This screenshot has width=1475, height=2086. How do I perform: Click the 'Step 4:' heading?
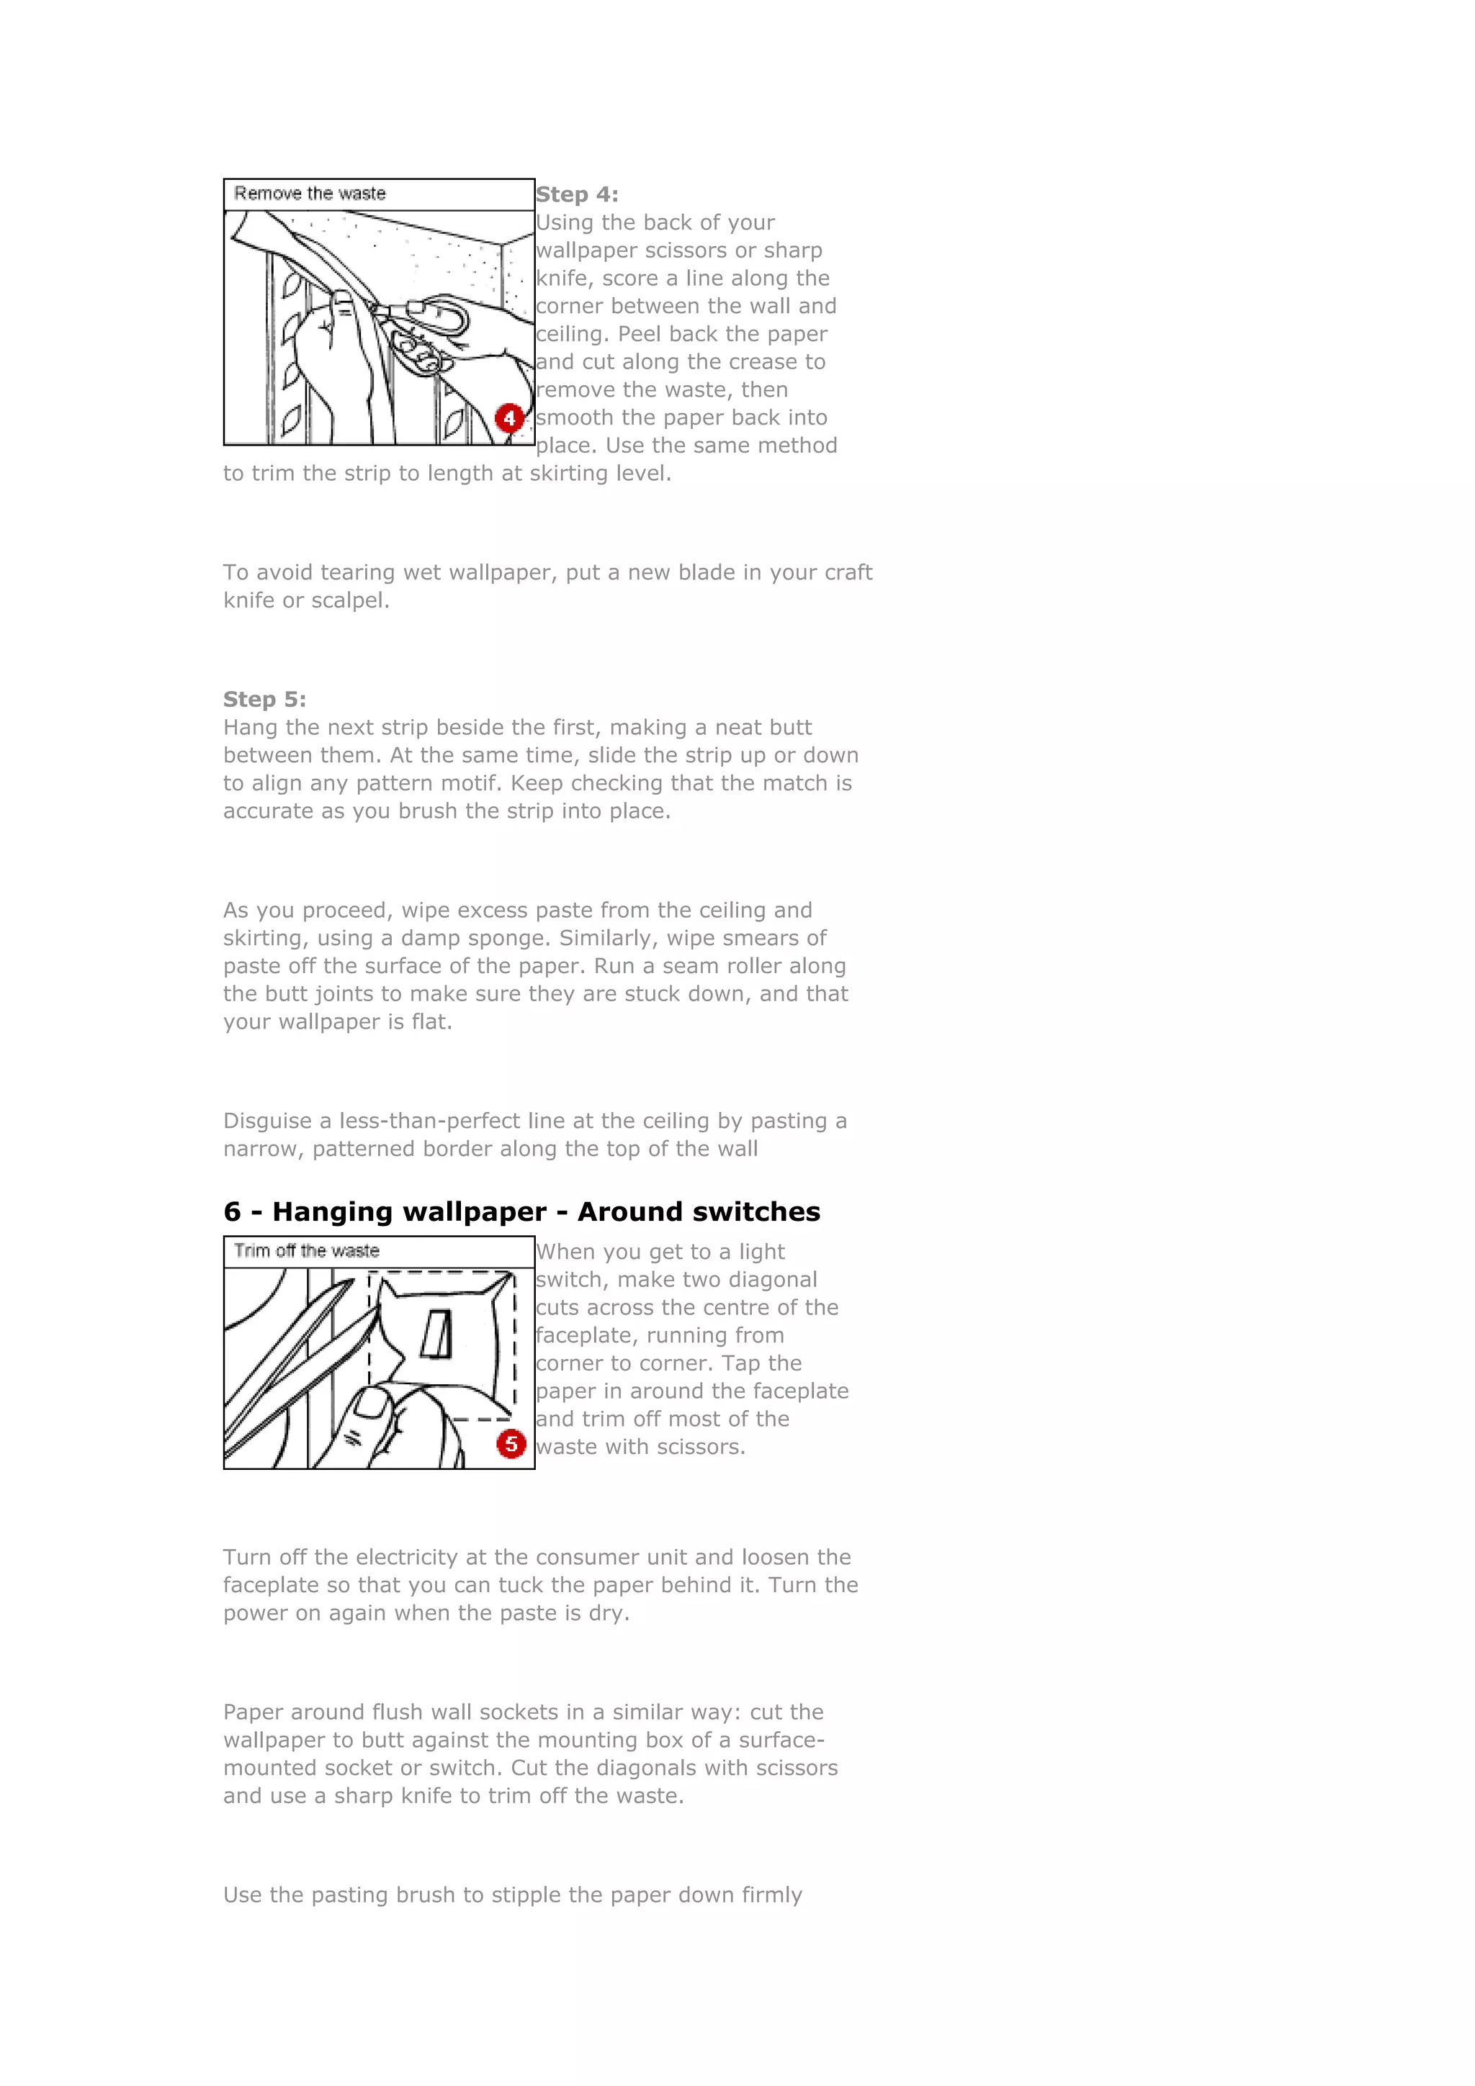(x=576, y=194)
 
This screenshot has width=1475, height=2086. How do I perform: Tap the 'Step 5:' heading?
(x=264, y=700)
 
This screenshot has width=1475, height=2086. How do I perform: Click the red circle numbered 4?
(x=509, y=418)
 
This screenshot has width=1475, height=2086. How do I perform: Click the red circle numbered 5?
(x=511, y=1444)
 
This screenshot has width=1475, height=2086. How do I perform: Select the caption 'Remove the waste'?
(x=310, y=194)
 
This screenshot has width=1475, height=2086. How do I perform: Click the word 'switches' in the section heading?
(x=761, y=1212)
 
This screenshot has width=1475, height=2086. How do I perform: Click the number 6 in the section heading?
(x=233, y=1212)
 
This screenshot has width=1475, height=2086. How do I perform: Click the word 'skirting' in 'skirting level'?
(x=570, y=474)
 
